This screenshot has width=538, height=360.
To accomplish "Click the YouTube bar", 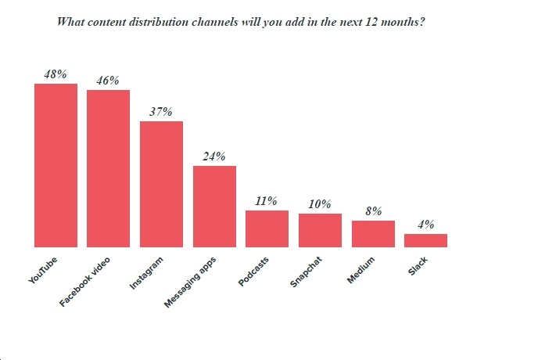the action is (x=56, y=165).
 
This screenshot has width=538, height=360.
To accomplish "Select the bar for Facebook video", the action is (x=109, y=168).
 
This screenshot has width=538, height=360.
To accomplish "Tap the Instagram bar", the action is (x=161, y=184).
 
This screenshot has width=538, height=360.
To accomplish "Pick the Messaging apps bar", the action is (x=214, y=207).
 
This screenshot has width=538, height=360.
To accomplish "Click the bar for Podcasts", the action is (x=267, y=229).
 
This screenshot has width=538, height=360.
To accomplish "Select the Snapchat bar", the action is (x=320, y=230).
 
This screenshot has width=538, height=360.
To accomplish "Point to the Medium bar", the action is (x=373, y=233).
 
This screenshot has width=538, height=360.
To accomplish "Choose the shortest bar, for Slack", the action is (x=426, y=240).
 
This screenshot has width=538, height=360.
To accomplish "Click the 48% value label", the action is (x=56, y=74).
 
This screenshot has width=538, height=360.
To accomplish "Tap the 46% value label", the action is (x=108, y=81).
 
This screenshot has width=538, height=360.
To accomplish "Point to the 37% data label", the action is (x=161, y=112).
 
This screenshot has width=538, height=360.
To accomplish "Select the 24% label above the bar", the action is (x=214, y=157).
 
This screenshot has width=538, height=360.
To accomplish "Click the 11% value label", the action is (x=266, y=200).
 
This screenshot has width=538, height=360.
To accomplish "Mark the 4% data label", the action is (x=426, y=225).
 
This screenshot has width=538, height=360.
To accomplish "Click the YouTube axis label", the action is (x=43, y=270).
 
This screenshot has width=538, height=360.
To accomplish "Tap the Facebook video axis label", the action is (x=84, y=282).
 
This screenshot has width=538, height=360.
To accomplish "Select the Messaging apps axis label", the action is (x=190, y=283).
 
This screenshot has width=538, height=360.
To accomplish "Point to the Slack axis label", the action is (x=418, y=266).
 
